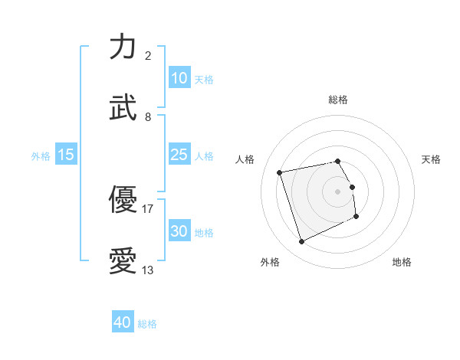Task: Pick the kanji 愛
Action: [x=123, y=261]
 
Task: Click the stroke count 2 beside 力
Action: [x=148, y=56]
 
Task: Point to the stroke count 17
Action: [x=148, y=208]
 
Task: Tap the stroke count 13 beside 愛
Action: [x=148, y=270]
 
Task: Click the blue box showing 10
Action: [x=179, y=78]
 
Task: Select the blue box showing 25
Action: [x=179, y=155]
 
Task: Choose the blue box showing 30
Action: [x=179, y=231]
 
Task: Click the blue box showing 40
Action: [x=123, y=323]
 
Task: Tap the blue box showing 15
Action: [x=66, y=155]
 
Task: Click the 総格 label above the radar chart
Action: [x=338, y=100]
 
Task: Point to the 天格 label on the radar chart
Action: [x=432, y=159]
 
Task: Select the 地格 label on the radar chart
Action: [x=402, y=262]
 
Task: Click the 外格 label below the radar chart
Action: [x=270, y=262]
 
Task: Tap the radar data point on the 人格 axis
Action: [x=280, y=172]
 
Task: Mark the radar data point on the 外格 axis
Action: [x=301, y=242]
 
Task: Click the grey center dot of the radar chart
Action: [x=338, y=191]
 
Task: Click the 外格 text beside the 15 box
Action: [x=41, y=155]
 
